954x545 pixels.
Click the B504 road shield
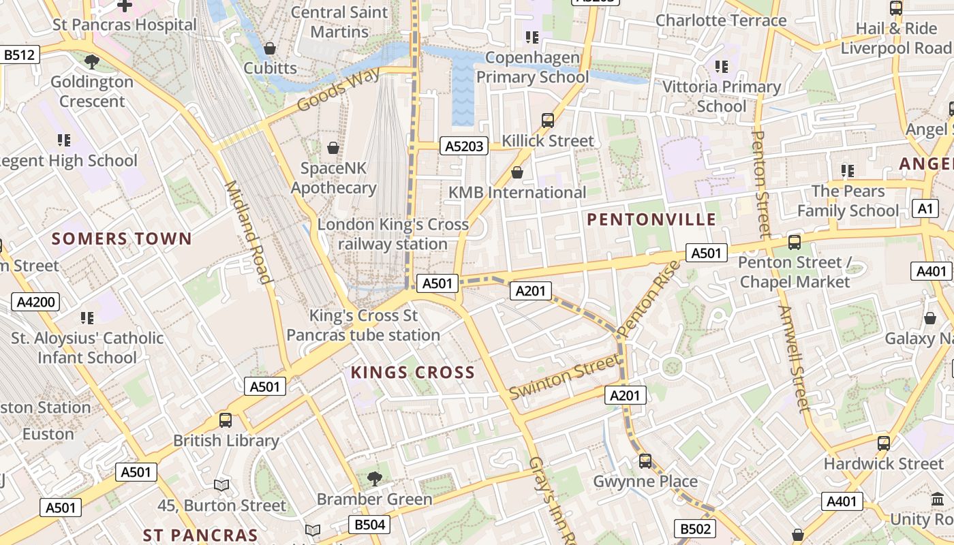370,525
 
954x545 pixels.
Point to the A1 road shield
925,208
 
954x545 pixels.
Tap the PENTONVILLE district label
651,219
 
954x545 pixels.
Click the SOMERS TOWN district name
122,239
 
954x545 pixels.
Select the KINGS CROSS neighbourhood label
412,373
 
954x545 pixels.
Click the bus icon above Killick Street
548,121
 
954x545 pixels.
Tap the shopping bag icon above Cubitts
270,48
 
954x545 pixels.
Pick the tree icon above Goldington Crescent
92,62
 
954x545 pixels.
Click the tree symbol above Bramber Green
374,478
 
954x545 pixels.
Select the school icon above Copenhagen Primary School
532,37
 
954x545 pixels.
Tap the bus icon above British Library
226,420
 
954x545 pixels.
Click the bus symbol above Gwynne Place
645,461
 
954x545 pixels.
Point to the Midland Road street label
249,232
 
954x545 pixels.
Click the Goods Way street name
338,89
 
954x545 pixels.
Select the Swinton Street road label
565,381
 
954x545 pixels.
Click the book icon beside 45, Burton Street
221,485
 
